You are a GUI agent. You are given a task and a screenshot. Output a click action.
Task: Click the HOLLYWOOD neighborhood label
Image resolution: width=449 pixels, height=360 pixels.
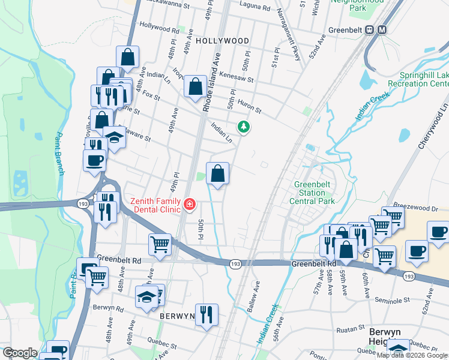point(222,41)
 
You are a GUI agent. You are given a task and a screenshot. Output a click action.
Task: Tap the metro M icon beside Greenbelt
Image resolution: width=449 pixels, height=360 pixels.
point(382,29)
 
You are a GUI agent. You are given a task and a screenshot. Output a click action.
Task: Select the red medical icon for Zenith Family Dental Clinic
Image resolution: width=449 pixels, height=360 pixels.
point(190,205)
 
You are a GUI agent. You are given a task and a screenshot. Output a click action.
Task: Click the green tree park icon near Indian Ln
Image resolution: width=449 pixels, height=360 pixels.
point(243,127)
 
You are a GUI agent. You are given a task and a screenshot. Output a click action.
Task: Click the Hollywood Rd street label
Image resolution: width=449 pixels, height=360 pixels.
point(159,28)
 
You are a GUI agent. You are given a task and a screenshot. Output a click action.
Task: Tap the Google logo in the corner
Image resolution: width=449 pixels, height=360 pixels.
point(20,353)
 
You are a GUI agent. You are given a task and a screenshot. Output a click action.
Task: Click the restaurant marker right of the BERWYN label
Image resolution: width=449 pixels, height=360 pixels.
point(206,314)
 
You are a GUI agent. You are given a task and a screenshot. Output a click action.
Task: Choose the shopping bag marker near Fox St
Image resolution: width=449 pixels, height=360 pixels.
point(195,86)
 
